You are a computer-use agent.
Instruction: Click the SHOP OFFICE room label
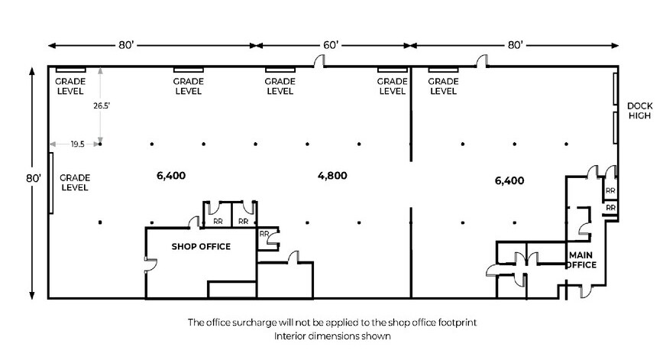[201, 247]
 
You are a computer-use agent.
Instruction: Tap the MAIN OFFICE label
[581, 260]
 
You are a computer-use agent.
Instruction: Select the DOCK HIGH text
[638, 111]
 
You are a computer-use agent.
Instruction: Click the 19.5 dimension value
[77, 144]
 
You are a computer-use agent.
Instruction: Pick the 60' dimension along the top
[331, 46]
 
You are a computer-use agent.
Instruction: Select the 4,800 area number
[332, 175]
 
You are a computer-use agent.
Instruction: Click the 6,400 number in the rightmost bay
[510, 181]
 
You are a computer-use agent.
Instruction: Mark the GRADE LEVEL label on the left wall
[75, 182]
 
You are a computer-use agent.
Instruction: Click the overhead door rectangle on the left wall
[51, 183]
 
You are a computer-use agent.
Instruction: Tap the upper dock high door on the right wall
[616, 90]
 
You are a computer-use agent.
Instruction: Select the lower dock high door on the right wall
[616, 127]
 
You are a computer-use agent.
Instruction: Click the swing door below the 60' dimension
[320, 61]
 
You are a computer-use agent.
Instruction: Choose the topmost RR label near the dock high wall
[610, 191]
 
